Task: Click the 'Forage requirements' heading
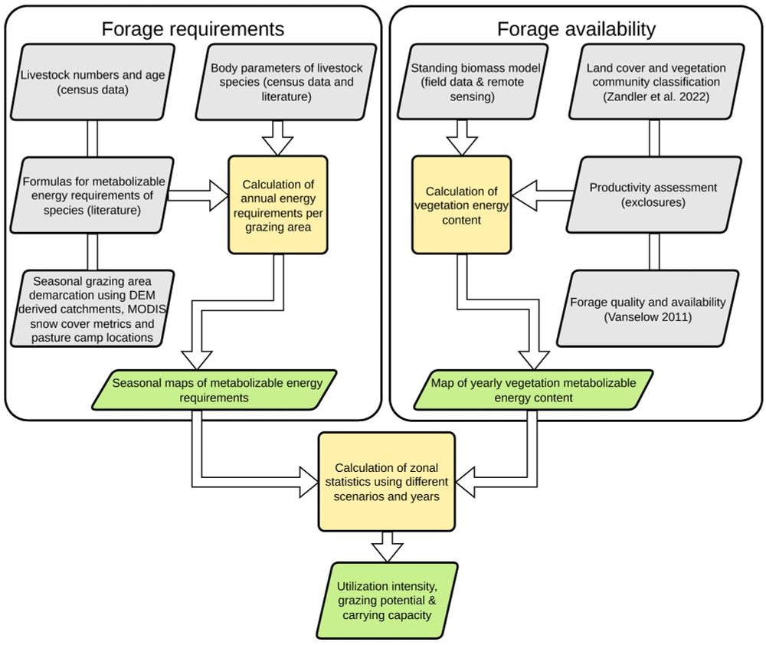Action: (x=193, y=29)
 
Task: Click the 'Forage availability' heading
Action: (x=576, y=29)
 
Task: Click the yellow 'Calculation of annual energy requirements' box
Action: (x=277, y=205)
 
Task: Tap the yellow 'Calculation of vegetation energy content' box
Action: (x=462, y=205)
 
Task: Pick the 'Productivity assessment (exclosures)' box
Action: (x=653, y=195)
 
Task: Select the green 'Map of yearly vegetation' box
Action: (x=533, y=388)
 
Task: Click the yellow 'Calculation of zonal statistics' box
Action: (x=386, y=482)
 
